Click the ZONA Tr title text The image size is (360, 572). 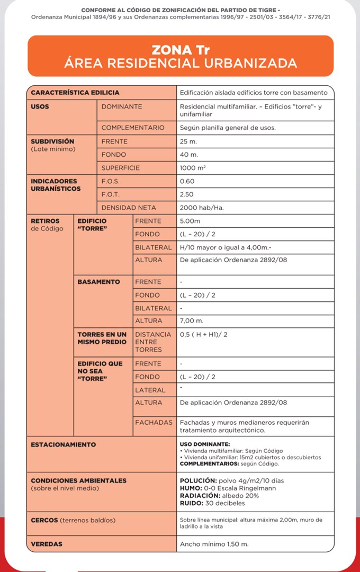point(181,50)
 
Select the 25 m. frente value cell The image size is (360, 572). point(189,141)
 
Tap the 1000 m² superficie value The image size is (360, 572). point(191,168)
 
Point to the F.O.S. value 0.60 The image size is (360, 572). point(187,181)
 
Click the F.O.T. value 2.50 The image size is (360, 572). point(187,194)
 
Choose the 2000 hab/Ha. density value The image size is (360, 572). point(202,208)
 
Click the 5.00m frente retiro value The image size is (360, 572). point(191,221)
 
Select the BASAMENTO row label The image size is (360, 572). point(98,282)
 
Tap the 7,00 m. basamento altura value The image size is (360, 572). point(192,321)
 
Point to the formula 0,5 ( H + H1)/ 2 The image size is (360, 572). point(204,335)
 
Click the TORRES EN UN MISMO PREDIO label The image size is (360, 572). point(102,338)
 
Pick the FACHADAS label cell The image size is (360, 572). point(154,423)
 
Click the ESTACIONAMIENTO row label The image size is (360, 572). point(63,444)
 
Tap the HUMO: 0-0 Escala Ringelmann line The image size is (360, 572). point(228,488)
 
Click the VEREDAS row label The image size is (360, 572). point(47,543)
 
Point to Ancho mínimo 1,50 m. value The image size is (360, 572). point(214,544)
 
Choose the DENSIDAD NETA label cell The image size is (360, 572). point(129,208)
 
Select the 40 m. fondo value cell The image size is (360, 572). point(189,155)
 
